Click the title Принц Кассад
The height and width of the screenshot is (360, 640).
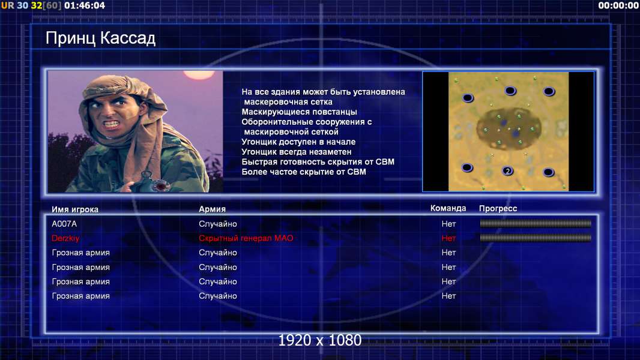[x=100, y=39]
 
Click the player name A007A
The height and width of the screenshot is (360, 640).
[x=64, y=224]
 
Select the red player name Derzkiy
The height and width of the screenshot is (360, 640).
[x=65, y=238]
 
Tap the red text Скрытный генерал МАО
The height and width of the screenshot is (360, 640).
[x=246, y=238]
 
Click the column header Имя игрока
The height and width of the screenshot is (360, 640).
[x=74, y=209]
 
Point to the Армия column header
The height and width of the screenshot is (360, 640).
[x=212, y=209]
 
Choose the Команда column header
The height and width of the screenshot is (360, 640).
[x=448, y=208]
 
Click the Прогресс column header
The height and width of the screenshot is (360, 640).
[x=498, y=209]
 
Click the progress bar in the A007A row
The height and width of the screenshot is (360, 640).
[x=536, y=223]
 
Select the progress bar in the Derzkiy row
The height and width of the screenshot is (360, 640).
[x=536, y=238]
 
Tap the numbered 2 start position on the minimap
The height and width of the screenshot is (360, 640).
[x=507, y=171]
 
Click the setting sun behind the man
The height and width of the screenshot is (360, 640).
[x=199, y=74]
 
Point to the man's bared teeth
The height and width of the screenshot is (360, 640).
[x=112, y=123]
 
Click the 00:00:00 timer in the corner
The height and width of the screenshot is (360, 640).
[x=618, y=5]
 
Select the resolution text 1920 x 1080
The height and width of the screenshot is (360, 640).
[x=319, y=340]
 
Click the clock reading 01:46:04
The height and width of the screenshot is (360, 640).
[x=85, y=5]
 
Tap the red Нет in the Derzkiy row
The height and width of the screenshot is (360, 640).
[x=448, y=238]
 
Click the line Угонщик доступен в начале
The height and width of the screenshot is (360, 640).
[x=298, y=142]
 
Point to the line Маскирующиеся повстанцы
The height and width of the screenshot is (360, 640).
[x=299, y=112]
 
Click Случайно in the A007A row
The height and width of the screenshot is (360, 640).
[x=217, y=224]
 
